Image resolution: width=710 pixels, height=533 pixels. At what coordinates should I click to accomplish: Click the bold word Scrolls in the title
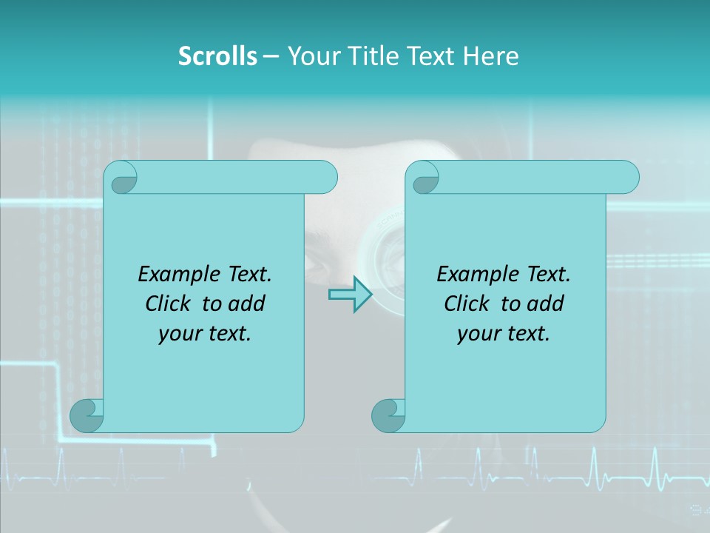pos(218,56)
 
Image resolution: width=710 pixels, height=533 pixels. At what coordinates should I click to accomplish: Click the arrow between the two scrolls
pos(350,295)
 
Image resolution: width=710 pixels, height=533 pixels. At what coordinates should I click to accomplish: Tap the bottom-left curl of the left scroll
pos(87,415)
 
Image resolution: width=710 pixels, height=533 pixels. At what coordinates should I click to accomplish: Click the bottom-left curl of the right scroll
pos(388,415)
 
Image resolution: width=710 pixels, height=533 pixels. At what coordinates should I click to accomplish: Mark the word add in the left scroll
pos(248,304)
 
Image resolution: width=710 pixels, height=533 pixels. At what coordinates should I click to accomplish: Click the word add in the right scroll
pos(547,304)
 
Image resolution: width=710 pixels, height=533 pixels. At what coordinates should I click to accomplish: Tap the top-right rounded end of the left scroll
pos(325,178)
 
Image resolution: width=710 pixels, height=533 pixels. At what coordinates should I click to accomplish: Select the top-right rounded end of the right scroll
pos(627,178)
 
